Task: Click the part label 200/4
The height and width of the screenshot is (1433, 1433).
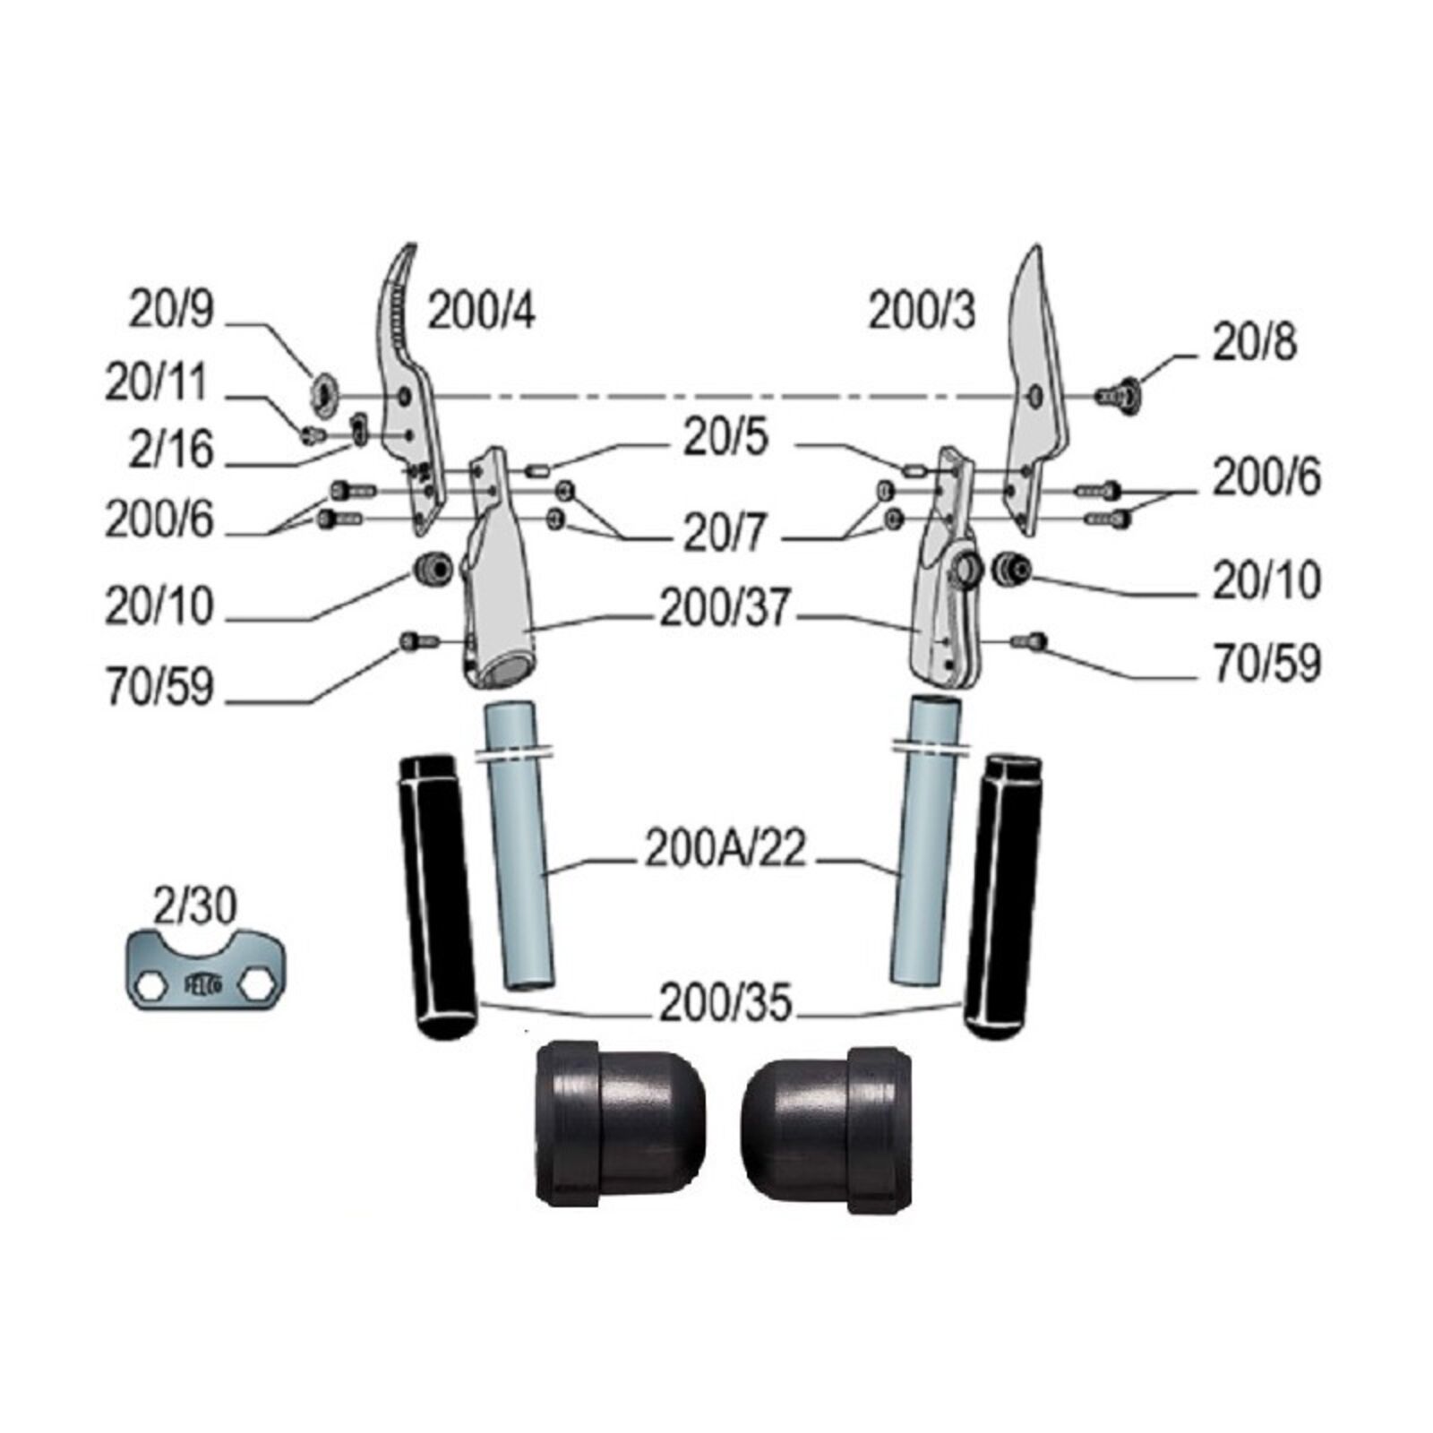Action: pos(482,313)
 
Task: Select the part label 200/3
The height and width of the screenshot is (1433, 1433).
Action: pos(922,313)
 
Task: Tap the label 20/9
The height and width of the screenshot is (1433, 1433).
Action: pos(171,310)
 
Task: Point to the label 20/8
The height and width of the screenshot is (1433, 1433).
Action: pos(1254,342)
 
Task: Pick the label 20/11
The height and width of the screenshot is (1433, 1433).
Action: pos(157,382)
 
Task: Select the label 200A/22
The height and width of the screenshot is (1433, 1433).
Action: pos(725,852)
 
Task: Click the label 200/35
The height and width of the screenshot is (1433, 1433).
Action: pos(725,1004)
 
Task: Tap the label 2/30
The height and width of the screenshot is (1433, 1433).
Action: pos(195,906)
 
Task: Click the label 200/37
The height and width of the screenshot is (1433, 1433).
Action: pos(725,610)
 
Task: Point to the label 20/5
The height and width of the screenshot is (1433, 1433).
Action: pos(725,439)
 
